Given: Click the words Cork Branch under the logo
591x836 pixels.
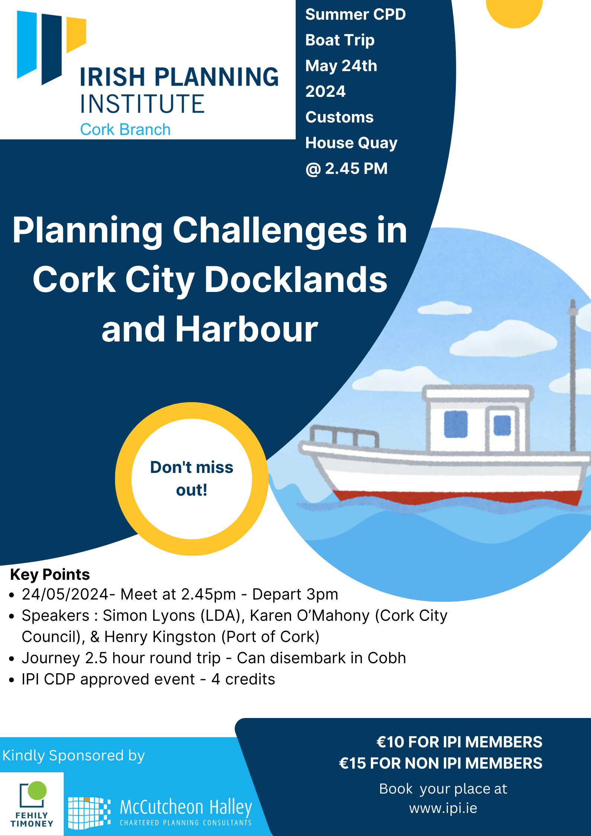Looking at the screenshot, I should tap(125, 130).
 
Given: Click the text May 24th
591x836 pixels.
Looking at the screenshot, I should tap(341, 66).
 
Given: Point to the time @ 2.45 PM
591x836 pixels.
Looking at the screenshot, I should tap(346, 169).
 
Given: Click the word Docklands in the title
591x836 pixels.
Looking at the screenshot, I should tap(296, 280).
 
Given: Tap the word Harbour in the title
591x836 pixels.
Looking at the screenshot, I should tap(247, 330).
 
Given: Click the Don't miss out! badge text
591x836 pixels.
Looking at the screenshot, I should tap(191, 479).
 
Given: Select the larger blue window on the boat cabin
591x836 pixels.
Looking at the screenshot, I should tap(456, 424).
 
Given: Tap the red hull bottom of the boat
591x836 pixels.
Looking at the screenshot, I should tap(458, 497).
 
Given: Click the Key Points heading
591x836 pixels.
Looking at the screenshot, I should tap(50, 575).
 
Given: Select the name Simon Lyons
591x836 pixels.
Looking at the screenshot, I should tap(149, 616).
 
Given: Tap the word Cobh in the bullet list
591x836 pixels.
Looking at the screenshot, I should tap(387, 658).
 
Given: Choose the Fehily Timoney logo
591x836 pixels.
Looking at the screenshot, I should tap(32, 804).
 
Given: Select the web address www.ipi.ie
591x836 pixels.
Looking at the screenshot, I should tap(443, 808).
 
